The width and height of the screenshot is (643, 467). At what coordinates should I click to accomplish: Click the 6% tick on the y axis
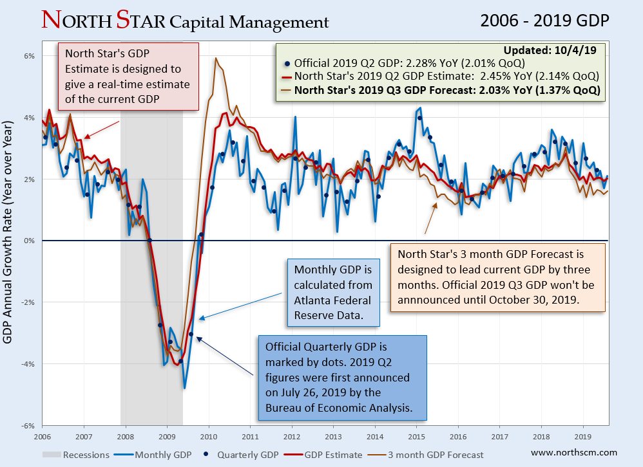[x=29, y=55]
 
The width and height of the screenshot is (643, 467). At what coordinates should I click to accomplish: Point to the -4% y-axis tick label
[x=28, y=364]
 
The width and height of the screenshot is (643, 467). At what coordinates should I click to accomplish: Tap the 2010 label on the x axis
[x=207, y=435]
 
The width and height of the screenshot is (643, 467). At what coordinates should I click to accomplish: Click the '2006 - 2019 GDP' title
[x=544, y=21]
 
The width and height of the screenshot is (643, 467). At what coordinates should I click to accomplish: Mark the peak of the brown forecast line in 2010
[x=216, y=59]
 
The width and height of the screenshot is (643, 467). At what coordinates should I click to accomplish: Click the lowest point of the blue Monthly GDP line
[x=185, y=388]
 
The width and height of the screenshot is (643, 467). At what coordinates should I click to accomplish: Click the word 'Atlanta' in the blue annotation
[x=311, y=298]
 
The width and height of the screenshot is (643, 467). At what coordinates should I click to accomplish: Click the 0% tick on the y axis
[x=29, y=241]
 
